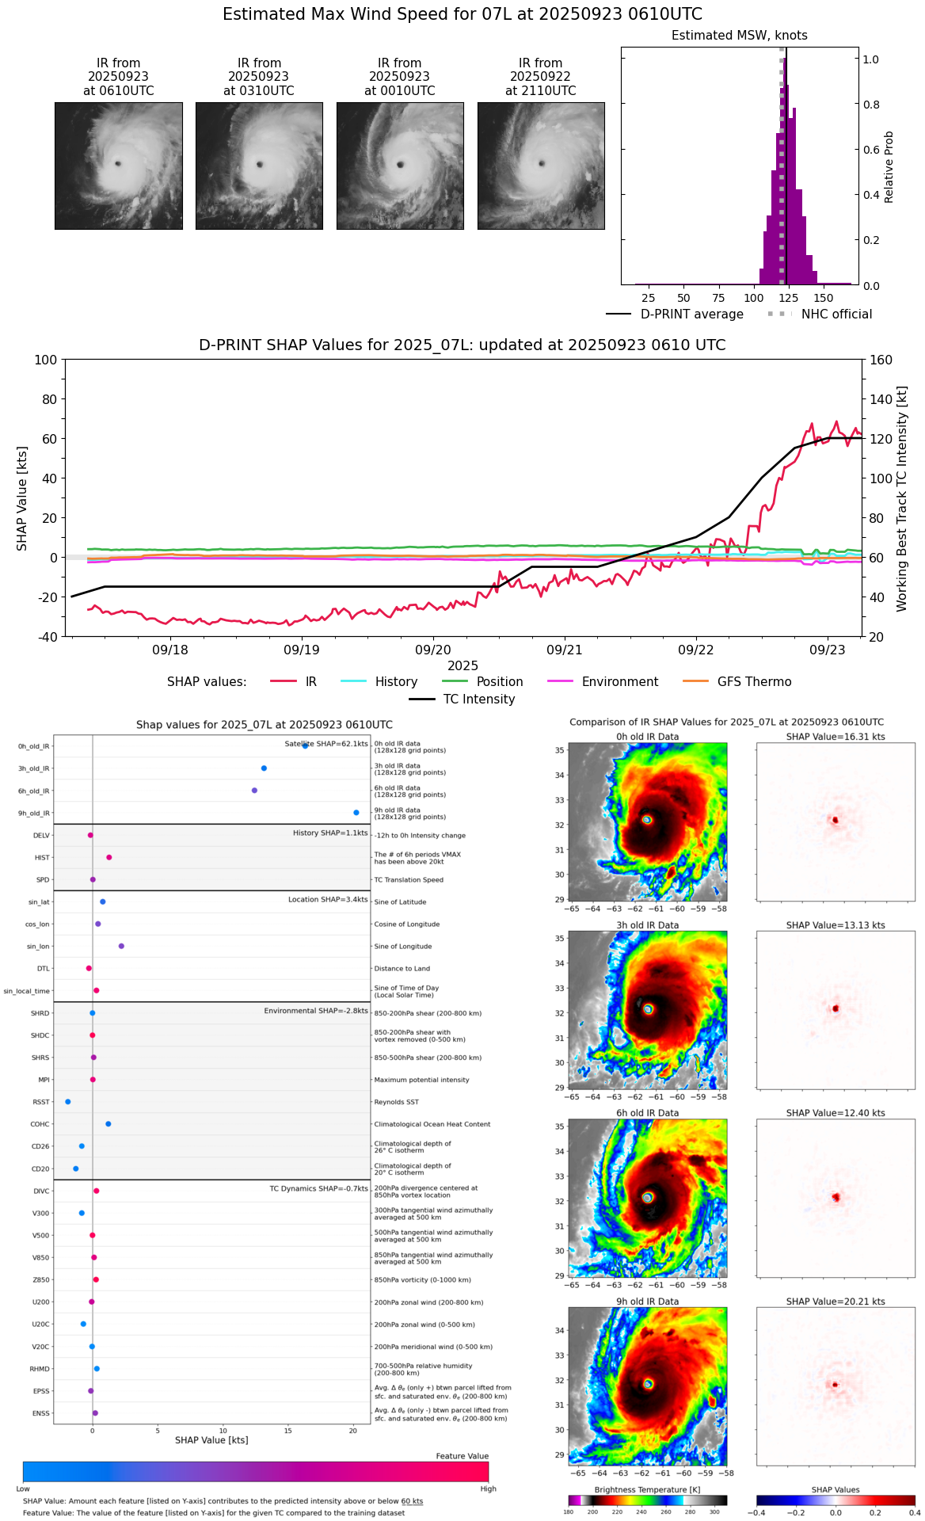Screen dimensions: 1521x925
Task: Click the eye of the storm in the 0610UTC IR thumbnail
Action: coord(118,164)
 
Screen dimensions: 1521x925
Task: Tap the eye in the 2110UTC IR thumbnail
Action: coord(542,164)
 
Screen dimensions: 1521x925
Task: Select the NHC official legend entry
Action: coord(836,314)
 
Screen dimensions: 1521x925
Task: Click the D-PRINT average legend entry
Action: coord(691,314)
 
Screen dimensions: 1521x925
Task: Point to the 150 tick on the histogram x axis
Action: coord(824,298)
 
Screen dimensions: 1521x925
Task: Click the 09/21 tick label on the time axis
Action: coord(565,650)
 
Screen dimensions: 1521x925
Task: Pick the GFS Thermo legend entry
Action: coord(754,682)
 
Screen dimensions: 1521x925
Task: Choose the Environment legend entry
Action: coord(619,682)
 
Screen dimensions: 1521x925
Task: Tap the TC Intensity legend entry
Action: coord(478,700)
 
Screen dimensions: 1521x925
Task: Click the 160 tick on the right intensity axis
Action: coord(881,360)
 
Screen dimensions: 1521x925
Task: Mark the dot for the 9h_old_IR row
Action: coord(356,813)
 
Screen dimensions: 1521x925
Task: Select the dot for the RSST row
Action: coord(68,1102)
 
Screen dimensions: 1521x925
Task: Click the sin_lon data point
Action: coord(121,946)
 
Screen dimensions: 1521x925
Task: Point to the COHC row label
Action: coord(40,1124)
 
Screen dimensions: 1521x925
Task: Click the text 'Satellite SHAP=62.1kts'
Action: coord(326,744)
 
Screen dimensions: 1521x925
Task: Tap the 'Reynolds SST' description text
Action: coord(396,1102)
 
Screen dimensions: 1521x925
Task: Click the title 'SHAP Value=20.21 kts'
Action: coord(836,1302)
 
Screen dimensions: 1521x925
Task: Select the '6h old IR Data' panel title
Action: coord(647,1113)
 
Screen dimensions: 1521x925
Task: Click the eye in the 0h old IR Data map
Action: coord(647,820)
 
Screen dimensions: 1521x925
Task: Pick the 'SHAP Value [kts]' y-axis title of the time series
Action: coord(22,498)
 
